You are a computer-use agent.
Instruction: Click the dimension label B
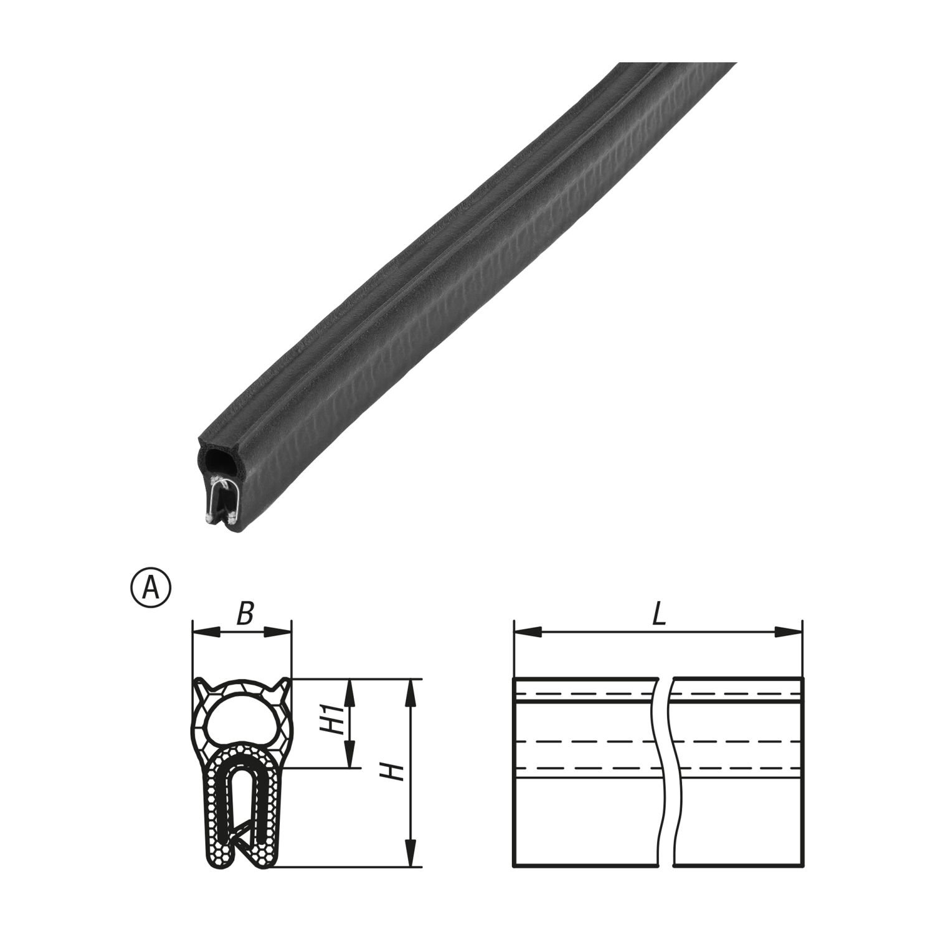coord(245,614)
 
